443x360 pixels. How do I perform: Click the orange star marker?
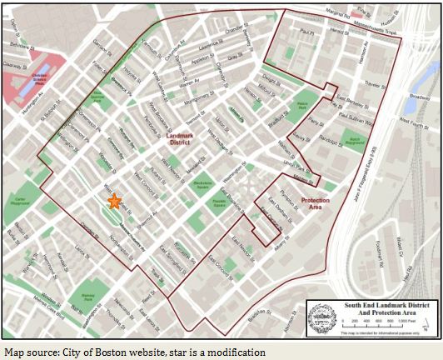[114, 201]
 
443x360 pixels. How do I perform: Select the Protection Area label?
[315, 202]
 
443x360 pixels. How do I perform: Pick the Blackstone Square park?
[199, 182]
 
